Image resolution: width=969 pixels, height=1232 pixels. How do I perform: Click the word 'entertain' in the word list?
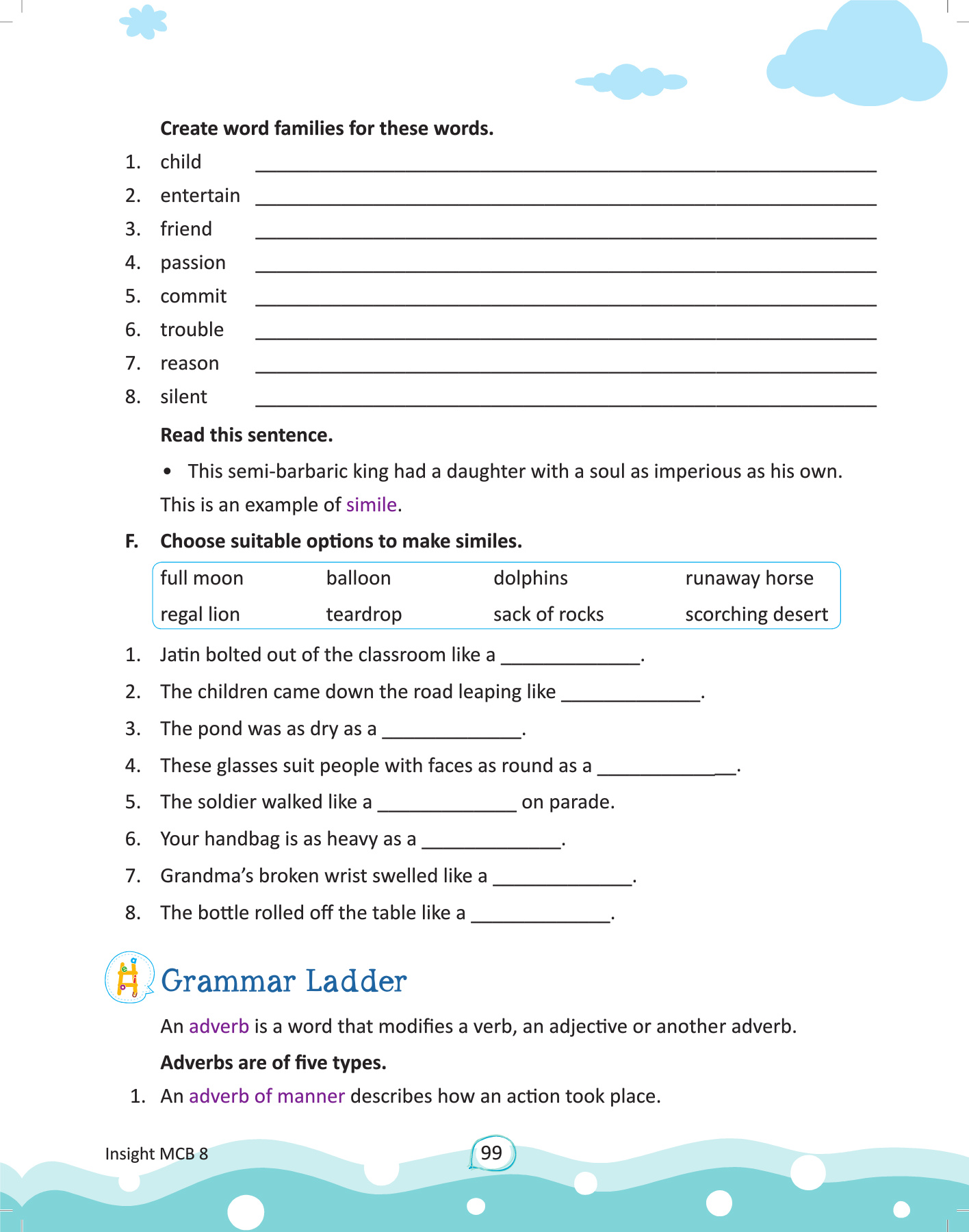click(200, 196)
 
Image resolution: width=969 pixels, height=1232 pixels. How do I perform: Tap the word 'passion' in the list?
click(192, 263)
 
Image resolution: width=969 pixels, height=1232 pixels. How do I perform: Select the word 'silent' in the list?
click(183, 397)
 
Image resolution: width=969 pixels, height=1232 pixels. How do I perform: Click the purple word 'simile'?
click(371, 505)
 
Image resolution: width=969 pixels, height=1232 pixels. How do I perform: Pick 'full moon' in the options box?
click(201, 578)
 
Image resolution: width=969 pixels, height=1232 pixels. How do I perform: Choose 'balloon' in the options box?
click(358, 578)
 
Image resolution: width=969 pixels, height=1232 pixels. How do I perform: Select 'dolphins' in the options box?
click(530, 578)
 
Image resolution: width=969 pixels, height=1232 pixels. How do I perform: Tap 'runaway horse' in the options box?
click(749, 578)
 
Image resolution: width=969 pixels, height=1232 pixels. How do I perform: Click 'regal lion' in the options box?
click(200, 615)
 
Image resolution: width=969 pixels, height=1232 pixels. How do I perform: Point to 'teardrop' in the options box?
click(363, 615)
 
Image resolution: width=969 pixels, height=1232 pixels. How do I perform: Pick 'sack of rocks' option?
click(548, 615)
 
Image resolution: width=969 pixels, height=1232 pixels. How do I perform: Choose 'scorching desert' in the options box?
click(756, 615)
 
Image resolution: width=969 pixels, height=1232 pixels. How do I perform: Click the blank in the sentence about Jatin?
click(571, 657)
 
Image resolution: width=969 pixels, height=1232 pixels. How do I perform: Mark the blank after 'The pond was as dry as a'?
click(452, 731)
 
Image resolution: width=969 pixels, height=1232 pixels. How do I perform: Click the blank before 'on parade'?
click(447, 804)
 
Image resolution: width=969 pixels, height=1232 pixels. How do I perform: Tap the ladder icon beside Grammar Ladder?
click(129, 978)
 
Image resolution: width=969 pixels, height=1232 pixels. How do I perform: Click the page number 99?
click(491, 1153)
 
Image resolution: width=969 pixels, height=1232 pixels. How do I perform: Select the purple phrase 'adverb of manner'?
click(266, 1096)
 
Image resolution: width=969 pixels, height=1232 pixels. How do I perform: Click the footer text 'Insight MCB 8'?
click(156, 1154)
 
